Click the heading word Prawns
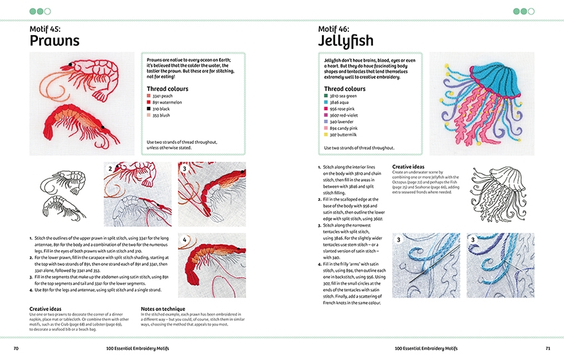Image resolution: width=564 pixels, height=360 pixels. click(54, 41)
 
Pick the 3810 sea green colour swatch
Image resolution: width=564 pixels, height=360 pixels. click(326, 96)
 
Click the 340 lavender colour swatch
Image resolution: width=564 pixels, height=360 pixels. click(326, 122)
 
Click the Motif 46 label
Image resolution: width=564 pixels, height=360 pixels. click(338, 29)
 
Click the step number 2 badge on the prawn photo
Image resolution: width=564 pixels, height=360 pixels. click(110, 169)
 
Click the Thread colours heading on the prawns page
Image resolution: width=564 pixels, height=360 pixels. click(167, 89)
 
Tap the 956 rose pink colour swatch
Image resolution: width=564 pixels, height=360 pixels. click(326, 109)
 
